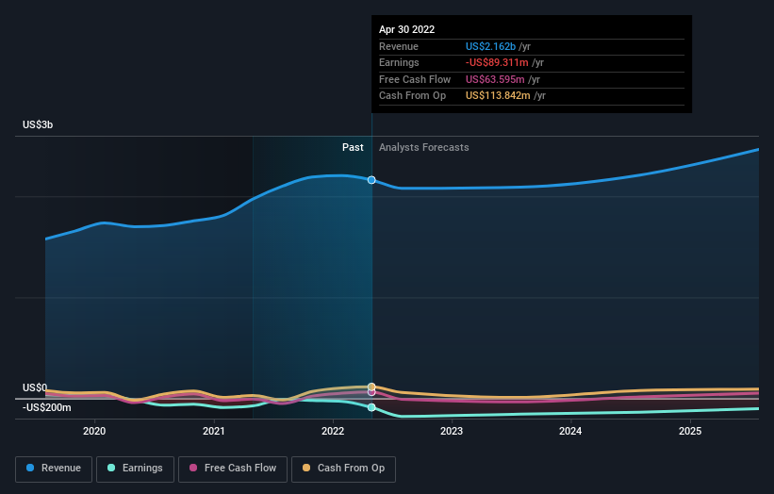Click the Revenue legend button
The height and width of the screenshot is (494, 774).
point(54,468)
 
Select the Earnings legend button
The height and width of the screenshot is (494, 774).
point(135,468)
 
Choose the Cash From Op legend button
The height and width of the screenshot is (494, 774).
point(344,468)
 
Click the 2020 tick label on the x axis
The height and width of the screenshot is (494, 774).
point(94,432)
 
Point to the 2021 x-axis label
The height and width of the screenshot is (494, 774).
point(214,432)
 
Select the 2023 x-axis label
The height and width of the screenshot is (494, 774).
point(452,432)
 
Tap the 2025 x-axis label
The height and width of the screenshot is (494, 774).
point(690,432)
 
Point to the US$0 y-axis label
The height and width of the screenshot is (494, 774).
point(35,387)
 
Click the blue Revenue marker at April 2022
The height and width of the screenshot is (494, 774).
point(371,179)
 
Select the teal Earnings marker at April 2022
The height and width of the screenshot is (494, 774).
point(371,407)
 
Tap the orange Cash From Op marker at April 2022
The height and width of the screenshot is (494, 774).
point(371,387)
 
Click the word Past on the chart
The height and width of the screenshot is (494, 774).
point(353,147)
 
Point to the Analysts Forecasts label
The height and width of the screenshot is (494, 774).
point(423,147)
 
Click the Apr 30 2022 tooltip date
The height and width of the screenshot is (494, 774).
point(406,29)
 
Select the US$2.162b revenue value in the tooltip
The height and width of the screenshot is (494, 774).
point(491,46)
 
